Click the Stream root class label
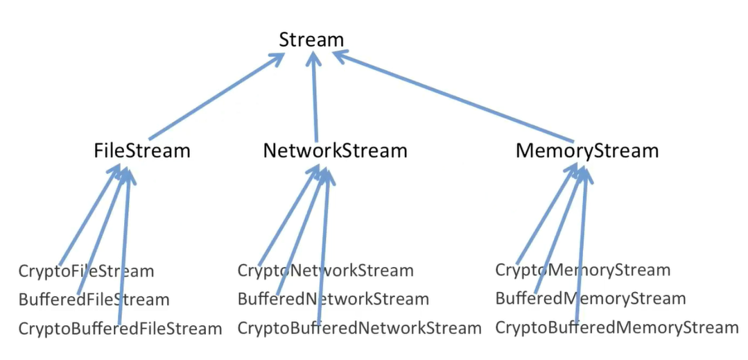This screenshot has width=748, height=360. (x=311, y=40)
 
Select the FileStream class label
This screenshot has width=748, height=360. (x=142, y=150)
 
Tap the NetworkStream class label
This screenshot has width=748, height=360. (x=335, y=150)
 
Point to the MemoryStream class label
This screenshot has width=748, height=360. (x=587, y=150)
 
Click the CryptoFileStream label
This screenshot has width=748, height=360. (x=86, y=271)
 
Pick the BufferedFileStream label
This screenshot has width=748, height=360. (x=94, y=300)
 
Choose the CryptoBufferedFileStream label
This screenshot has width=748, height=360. (x=120, y=328)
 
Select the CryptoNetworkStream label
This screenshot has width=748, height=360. (x=325, y=271)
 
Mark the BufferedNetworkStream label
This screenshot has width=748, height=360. (x=333, y=300)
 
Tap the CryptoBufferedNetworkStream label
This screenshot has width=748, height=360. (x=359, y=328)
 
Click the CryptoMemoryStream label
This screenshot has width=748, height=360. (x=582, y=270)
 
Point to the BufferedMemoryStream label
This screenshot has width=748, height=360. (x=590, y=298)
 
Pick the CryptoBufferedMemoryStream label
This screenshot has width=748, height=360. (x=617, y=327)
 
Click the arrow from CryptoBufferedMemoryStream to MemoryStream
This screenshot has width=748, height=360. (x=581, y=250)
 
